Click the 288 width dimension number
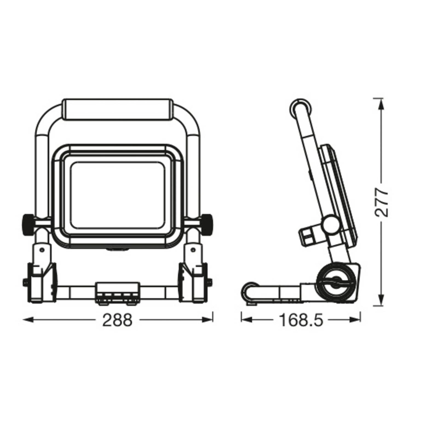tap(117, 320)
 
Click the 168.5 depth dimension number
tap(301, 320)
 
